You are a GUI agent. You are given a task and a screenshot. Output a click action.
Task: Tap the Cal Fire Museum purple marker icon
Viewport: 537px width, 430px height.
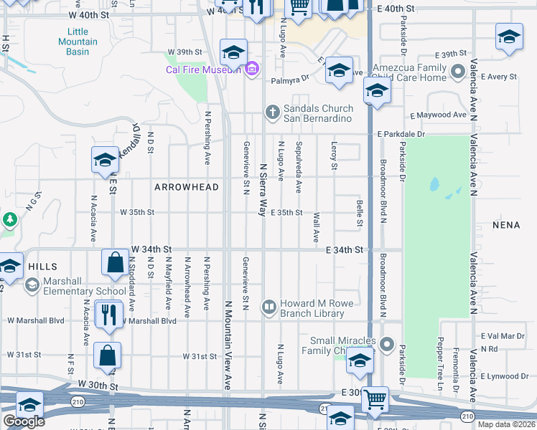pos(252,70)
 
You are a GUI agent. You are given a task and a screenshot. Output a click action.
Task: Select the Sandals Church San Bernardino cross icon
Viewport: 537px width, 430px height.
pos(271,112)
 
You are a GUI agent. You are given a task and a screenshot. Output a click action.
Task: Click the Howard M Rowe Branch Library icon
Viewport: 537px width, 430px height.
pos(269,308)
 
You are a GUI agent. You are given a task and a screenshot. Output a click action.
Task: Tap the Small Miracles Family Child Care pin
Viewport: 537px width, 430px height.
pos(387,345)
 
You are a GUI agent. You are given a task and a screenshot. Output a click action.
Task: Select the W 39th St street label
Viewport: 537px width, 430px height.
pos(186,52)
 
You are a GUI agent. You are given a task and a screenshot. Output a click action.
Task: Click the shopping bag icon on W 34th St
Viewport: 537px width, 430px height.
pos(115,262)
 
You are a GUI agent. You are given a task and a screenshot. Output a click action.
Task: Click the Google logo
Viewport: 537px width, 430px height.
pos(24,421)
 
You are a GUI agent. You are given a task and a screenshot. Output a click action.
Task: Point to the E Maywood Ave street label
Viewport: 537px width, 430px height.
pos(439,115)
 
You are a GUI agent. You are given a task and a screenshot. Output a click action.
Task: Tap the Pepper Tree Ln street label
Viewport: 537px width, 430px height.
pos(441,356)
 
